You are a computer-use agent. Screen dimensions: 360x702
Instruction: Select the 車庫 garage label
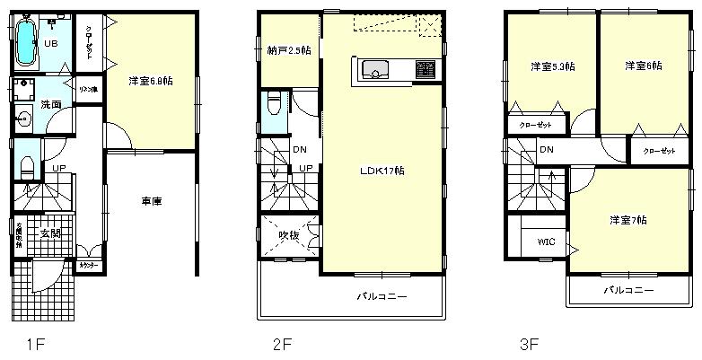152,200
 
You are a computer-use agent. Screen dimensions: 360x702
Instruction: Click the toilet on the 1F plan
27,165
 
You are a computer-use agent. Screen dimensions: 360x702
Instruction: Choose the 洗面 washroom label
50,105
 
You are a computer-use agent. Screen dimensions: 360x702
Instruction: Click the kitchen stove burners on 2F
425,69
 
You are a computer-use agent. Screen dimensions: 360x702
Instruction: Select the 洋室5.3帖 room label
553,66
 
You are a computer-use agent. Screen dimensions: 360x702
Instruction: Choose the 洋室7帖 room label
627,219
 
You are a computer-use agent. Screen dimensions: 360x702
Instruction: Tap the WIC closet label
546,241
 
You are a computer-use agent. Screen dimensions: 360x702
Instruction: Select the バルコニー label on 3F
626,290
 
